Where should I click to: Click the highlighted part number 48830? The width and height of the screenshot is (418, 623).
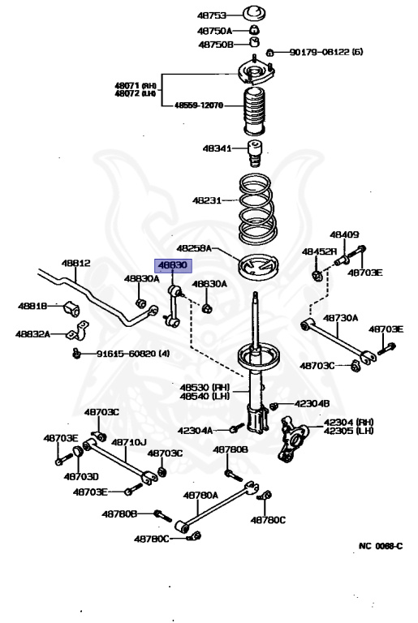tap(173, 266)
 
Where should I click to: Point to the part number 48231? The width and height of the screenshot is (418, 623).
tap(208, 200)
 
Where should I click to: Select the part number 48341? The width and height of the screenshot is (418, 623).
tap(217, 148)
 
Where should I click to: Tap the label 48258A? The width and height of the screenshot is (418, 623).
tap(195, 248)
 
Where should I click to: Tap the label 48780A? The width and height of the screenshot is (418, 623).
tap(200, 494)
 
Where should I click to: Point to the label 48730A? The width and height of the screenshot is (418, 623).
tap(341, 319)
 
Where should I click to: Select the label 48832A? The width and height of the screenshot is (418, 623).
tap(33, 333)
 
